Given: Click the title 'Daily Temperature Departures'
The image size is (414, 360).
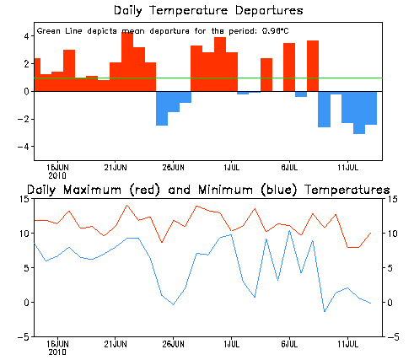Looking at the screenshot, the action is pyautogui.click(x=208, y=11).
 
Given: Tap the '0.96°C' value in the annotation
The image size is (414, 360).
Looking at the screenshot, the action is pyautogui.click(x=275, y=31).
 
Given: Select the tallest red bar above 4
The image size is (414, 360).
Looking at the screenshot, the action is pyautogui.click(x=127, y=62).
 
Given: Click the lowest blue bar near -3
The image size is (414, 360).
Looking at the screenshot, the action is pyautogui.click(x=359, y=113).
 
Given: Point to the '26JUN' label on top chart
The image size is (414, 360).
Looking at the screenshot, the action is pyautogui.click(x=173, y=168).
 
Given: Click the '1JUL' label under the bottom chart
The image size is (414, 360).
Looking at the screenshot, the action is pyautogui.click(x=231, y=344).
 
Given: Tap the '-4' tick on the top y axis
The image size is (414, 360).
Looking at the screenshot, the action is pyautogui.click(x=24, y=147).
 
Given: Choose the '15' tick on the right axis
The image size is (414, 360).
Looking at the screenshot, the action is pyautogui.click(x=392, y=199).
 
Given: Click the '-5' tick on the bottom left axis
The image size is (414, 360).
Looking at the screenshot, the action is pyautogui.click(x=24, y=337).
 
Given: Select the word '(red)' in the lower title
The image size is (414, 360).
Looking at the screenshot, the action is pyautogui.click(x=145, y=190).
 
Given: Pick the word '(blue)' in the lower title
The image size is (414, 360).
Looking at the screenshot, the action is pyautogui.click(x=279, y=190).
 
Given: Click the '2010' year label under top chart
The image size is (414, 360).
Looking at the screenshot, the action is pyautogui.click(x=57, y=176).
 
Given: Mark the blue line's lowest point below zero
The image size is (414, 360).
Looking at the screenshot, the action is pyautogui.click(x=325, y=311).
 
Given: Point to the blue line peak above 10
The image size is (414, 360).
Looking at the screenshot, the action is pyautogui.click(x=289, y=231).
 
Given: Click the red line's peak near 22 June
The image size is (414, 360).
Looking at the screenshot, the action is pyautogui.click(x=126, y=205).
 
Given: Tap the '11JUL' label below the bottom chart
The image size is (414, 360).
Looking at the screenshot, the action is pyautogui.click(x=347, y=344).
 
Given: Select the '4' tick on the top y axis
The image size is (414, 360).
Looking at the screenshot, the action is pyautogui.click(x=27, y=36).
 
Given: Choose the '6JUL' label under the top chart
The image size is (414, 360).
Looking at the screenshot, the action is pyautogui.click(x=289, y=168).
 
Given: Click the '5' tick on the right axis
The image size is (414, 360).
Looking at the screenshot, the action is pyautogui.click(x=390, y=268).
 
